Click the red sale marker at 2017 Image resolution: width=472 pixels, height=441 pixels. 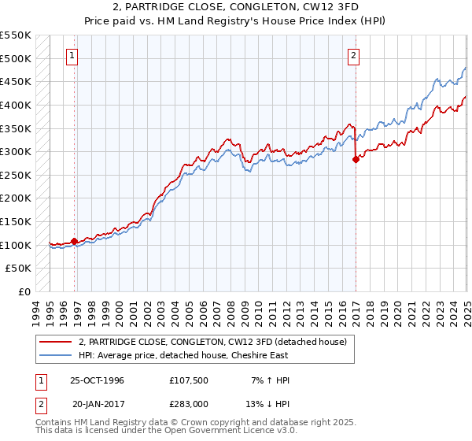point(356,159)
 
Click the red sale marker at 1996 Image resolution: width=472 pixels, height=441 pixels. point(75,241)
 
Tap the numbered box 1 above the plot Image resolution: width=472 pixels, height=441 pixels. point(72,55)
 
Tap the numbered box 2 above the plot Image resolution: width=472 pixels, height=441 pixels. point(353,55)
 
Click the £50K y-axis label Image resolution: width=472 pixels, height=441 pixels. point(19,268)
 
